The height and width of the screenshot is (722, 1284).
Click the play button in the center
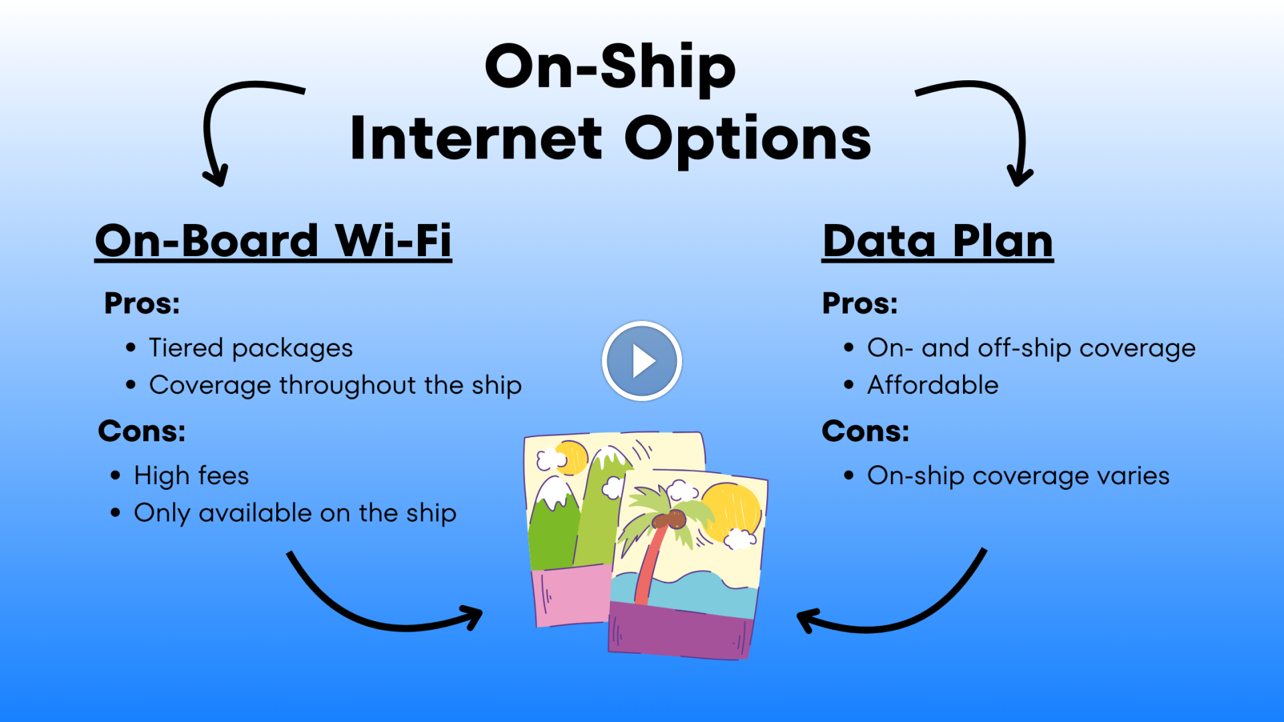(x=641, y=361)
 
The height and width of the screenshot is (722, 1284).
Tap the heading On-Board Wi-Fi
(x=273, y=241)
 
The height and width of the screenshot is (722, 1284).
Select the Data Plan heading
(x=938, y=241)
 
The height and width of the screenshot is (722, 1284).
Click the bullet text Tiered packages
(x=251, y=348)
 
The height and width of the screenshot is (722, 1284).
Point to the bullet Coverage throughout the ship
(x=335, y=386)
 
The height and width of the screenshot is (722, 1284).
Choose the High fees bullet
(x=191, y=476)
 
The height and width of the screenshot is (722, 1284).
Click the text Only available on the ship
(x=295, y=513)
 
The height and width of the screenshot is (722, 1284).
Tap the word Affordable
(x=933, y=386)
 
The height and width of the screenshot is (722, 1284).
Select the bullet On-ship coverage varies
(x=1018, y=476)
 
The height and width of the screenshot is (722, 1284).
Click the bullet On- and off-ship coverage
(x=1031, y=348)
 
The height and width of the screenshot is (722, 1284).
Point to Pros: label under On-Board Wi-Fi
(x=142, y=304)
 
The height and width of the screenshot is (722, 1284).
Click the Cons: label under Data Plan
(x=865, y=431)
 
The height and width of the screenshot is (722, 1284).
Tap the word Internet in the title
(x=475, y=139)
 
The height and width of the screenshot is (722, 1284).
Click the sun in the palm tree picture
(x=732, y=511)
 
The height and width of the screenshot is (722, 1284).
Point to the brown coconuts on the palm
(x=671, y=519)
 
